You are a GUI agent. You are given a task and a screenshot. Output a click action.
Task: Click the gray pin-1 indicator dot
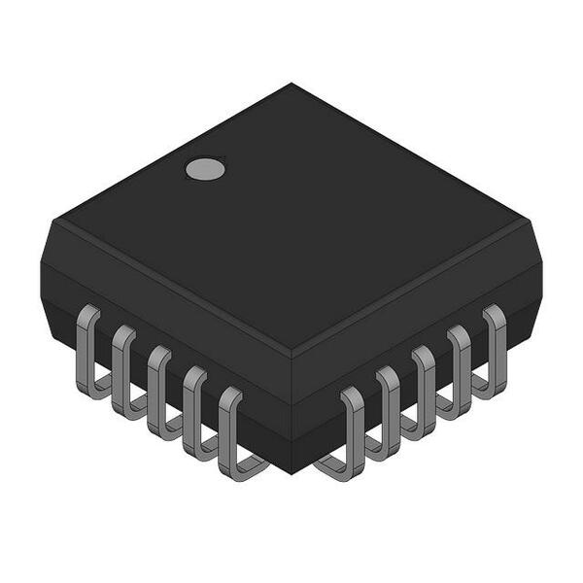click(x=205, y=169)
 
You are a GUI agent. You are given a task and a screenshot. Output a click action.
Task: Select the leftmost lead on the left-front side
click(x=88, y=350)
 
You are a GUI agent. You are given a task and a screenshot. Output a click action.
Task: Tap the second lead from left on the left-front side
click(x=123, y=369)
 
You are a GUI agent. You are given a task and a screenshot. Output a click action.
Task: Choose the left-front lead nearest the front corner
click(x=231, y=431)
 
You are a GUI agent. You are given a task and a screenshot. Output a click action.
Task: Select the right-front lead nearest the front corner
click(x=352, y=431)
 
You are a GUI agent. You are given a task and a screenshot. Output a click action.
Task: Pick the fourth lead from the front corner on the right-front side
click(x=459, y=368)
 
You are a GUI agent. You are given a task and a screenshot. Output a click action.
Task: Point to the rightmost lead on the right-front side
click(x=495, y=348)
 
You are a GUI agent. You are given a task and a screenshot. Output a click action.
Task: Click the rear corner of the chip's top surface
click(x=291, y=85)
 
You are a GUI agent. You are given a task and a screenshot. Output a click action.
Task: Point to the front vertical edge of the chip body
click(x=292, y=413)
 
